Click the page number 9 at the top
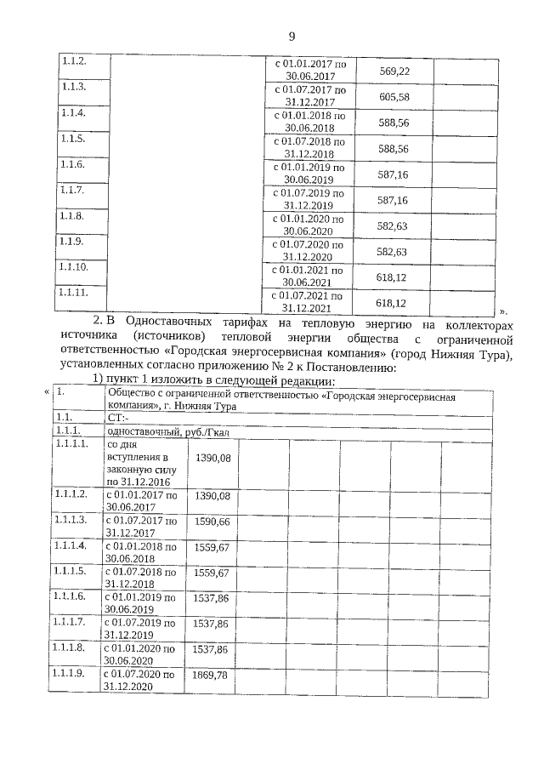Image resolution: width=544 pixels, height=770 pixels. [x=291, y=36]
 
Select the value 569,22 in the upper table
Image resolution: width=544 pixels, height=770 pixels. [x=394, y=70]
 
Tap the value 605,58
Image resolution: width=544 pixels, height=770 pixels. [x=394, y=96]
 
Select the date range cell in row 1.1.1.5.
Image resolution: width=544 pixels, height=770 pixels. [x=141, y=578]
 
